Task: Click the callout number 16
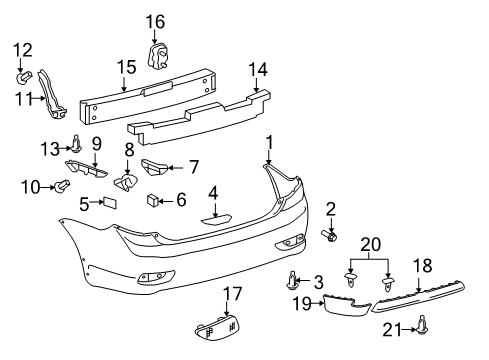coord(155,22)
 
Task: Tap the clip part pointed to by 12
coord(24,78)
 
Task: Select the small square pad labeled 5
coord(110,202)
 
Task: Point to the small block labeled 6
coord(152,200)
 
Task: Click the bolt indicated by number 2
coord(329,236)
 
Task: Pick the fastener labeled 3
coord(292,280)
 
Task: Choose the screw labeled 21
coord(423,325)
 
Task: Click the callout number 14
coord(258,70)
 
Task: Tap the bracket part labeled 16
coord(157,56)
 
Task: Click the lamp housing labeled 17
coord(217,328)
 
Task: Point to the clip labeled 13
coord(77,144)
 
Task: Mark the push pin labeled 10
coord(62,186)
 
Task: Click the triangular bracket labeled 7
coord(154,167)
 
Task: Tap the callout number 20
coord(370,245)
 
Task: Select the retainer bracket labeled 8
coord(126,182)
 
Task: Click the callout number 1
coord(270,143)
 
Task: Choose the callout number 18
coord(422,266)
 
